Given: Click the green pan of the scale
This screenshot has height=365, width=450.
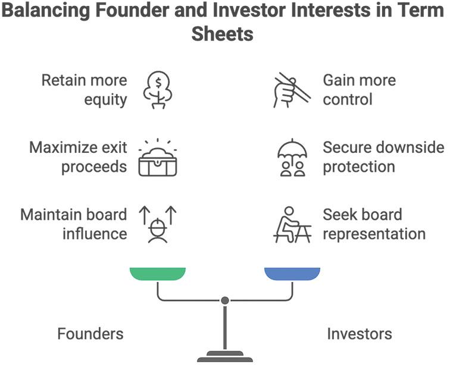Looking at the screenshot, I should pos(157,274).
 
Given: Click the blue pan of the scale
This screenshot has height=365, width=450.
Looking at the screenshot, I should pos(292,274).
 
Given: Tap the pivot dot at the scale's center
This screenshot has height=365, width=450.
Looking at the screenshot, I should pos(224,301).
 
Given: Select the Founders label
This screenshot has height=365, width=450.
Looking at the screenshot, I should pos(90,333).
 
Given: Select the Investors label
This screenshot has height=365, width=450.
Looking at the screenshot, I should pos(359,333).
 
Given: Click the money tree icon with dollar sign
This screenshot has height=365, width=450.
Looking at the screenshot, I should pos(157,90).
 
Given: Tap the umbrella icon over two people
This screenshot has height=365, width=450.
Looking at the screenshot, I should pos(292,158).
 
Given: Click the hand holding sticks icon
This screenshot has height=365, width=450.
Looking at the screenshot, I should pos(291,90).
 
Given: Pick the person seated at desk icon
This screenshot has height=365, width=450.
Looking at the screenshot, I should pos(291,225).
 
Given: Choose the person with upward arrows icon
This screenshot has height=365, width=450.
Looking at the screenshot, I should pos(158,225).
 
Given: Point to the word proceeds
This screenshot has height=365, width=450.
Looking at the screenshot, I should pos(93,166).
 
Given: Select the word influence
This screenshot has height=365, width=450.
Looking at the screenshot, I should pos(95,234).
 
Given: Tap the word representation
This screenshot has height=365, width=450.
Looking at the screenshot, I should pos(374,234).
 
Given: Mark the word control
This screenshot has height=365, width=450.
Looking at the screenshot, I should pos(347,99).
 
